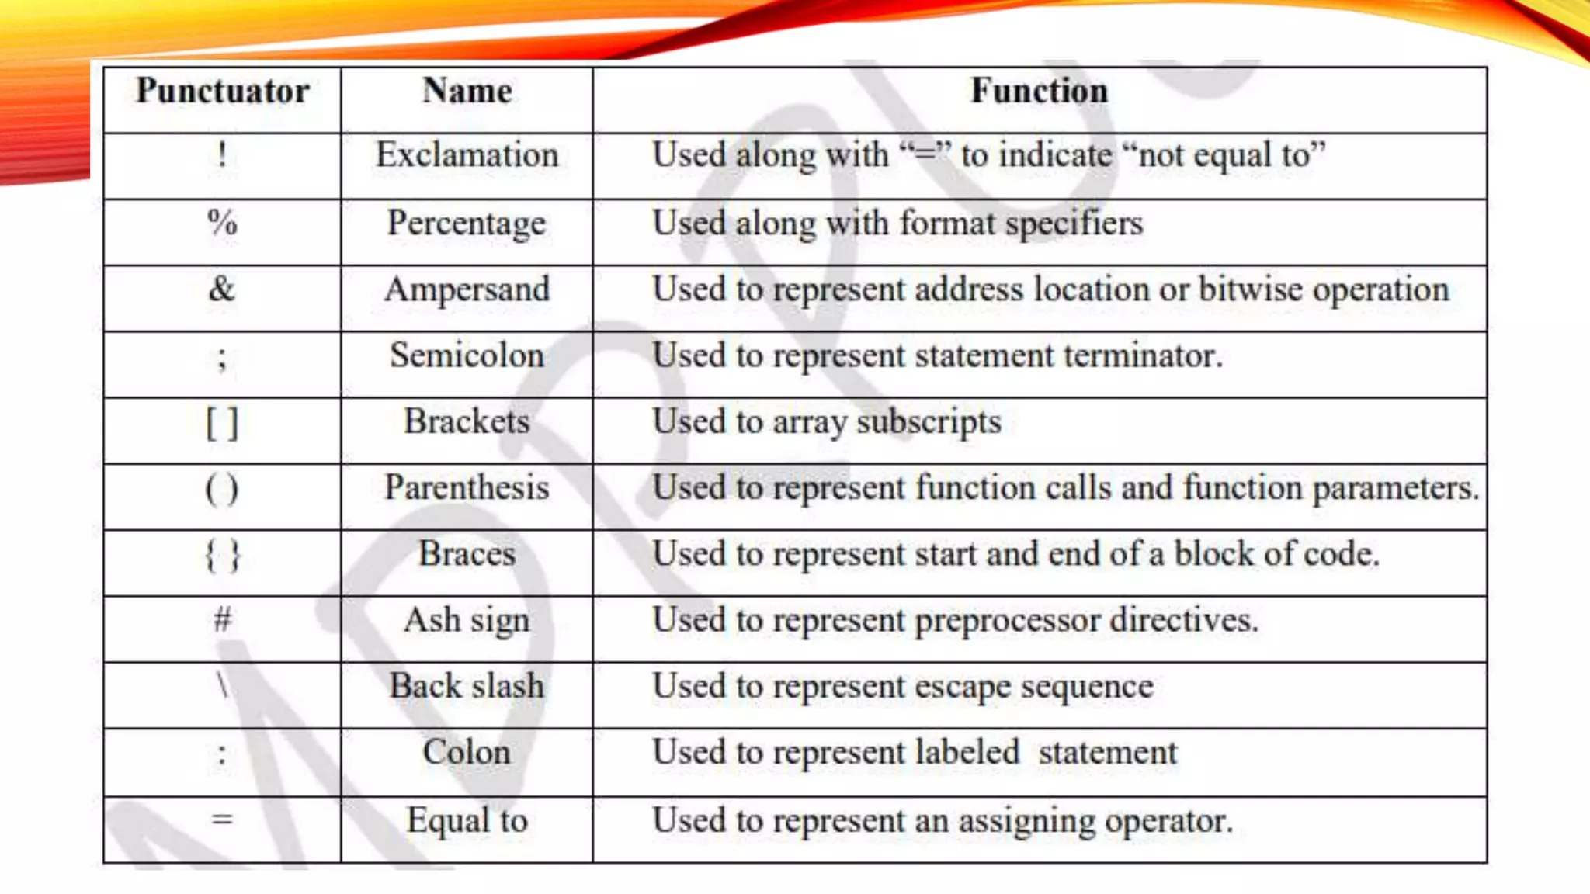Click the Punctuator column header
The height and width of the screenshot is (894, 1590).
[223, 92]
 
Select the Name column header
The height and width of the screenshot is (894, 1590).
[467, 92]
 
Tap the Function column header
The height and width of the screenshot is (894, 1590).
[1039, 92]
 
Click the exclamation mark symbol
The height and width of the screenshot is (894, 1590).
[222, 154]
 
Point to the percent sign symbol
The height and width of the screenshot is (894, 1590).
[222, 223]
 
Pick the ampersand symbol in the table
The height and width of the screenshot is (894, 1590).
[221, 289]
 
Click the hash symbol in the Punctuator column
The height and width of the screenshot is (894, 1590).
[223, 619]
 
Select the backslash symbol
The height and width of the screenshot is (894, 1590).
[223, 686]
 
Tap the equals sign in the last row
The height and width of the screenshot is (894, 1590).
[222, 819]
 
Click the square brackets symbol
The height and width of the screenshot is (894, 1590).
[222, 424]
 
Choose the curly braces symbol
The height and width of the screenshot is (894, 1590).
[223, 556]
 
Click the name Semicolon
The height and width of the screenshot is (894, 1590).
[467, 355]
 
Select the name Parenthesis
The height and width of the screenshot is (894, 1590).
[467, 488]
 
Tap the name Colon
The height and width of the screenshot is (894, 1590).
[467, 752]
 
